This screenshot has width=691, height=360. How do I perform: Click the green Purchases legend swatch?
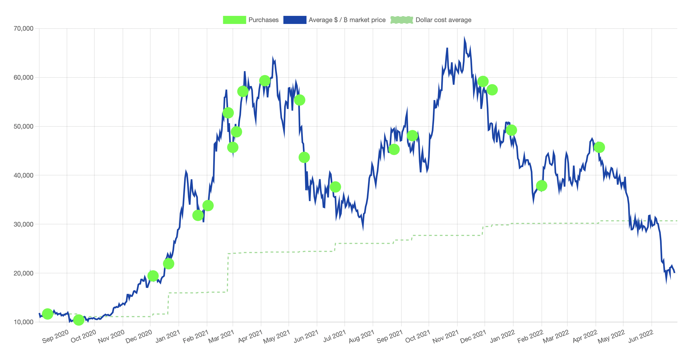(234, 20)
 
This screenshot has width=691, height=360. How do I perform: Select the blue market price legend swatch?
(295, 20)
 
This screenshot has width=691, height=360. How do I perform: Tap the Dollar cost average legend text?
(443, 20)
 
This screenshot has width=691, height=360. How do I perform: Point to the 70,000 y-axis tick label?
(24, 29)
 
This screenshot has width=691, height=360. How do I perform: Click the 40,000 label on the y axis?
(24, 175)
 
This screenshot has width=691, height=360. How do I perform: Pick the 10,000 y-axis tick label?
(24, 322)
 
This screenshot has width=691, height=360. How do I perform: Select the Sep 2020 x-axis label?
(55, 337)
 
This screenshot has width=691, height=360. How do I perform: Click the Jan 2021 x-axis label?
(168, 337)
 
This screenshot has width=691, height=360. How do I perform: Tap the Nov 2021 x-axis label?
(446, 337)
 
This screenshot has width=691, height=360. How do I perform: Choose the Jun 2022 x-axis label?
(641, 337)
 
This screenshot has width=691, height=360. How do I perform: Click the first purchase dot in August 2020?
(48, 314)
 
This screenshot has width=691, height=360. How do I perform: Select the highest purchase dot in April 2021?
(265, 80)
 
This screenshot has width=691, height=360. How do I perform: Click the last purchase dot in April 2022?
(599, 147)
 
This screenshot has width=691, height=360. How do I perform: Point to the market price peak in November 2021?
(464, 38)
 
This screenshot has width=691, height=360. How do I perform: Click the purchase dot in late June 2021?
(335, 187)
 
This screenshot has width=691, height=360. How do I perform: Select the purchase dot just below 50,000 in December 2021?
(511, 130)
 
